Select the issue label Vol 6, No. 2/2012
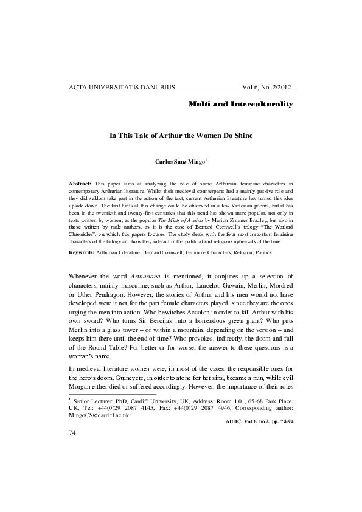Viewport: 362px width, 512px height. coord(268,88)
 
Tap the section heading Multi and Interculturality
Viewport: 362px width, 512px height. coord(241,104)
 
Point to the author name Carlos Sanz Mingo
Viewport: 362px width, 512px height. coord(180,162)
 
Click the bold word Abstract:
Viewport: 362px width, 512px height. coord(80,183)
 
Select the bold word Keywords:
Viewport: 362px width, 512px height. coord(82,269)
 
